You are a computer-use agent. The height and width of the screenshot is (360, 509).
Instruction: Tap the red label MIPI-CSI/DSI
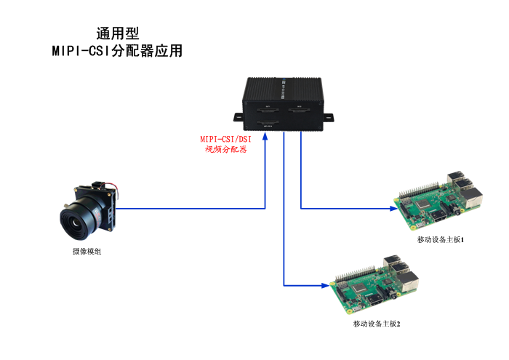point(225,139)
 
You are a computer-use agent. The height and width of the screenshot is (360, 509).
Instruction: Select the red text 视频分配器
point(225,150)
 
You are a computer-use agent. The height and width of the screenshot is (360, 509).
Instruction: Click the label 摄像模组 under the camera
point(87,252)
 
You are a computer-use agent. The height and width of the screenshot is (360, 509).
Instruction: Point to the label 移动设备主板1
point(441,239)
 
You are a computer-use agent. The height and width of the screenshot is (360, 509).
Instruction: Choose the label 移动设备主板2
point(377,323)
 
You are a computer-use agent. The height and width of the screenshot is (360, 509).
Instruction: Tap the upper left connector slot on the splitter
point(267,110)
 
